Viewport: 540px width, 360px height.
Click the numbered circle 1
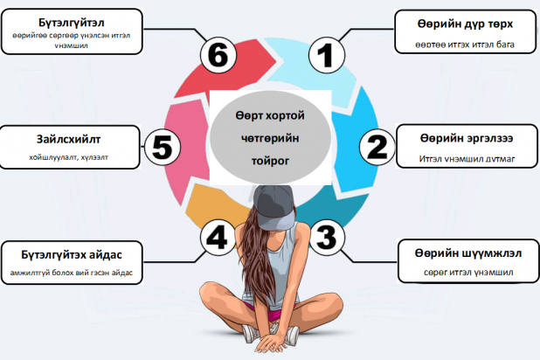click(326, 57)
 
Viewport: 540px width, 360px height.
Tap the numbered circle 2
click(376, 146)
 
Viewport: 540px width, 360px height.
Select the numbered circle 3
click(325, 236)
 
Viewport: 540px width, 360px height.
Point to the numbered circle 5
click(162, 146)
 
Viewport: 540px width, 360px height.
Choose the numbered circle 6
click(216, 55)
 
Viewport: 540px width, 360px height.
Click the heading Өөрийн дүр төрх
click(452, 24)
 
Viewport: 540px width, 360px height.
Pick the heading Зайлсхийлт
click(69, 140)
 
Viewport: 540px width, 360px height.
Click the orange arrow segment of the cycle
click(204, 206)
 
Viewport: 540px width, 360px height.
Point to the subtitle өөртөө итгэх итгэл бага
click(452, 43)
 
